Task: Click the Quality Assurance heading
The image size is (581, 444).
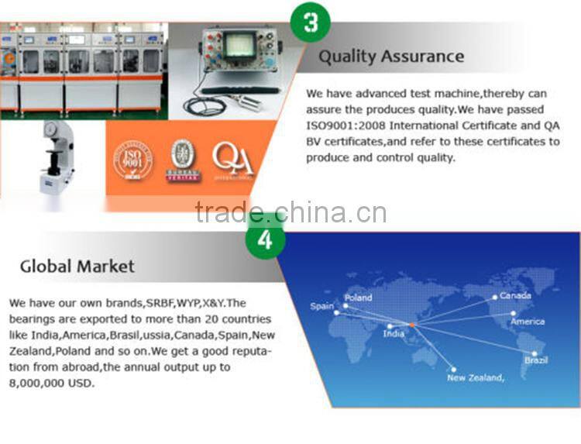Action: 391,57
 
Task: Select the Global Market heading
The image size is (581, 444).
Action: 77,267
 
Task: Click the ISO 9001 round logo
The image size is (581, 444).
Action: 133,160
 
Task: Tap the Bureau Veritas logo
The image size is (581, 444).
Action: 183,160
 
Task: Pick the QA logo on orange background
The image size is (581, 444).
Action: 232,160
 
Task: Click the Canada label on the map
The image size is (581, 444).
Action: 515,295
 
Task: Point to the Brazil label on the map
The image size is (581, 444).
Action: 535,361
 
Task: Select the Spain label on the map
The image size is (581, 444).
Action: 322,306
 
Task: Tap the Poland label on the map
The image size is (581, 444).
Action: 358,298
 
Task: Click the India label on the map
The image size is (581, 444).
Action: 394,334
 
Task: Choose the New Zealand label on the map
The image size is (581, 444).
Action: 476,377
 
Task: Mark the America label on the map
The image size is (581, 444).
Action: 528,321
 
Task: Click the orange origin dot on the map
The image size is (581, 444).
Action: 412,323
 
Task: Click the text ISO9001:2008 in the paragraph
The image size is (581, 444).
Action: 346,126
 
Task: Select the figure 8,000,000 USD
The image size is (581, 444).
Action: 51,383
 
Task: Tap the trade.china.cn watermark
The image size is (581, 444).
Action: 290,212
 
